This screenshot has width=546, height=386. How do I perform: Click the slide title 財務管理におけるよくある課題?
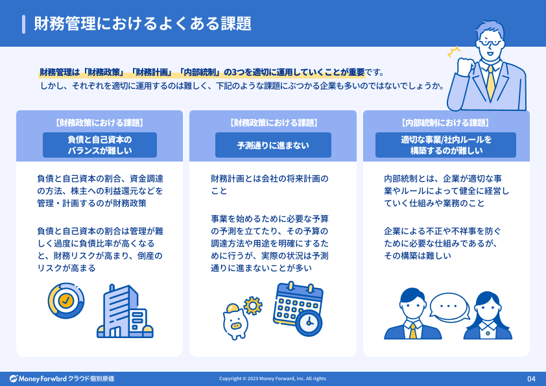pyautogui.click(x=143, y=24)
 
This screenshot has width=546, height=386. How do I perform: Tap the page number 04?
pyautogui.click(x=531, y=379)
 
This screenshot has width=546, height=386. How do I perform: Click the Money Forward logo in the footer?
pyautogui.click(x=62, y=379)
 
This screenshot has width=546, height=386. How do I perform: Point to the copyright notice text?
pyautogui.click(x=272, y=379)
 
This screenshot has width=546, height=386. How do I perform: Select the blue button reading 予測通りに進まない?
pyautogui.click(x=273, y=145)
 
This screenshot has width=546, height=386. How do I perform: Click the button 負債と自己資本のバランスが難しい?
pyautogui.click(x=100, y=145)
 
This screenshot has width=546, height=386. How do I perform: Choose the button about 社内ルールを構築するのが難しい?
pyautogui.click(x=445, y=145)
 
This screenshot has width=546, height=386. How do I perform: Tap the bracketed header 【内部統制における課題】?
pyautogui.click(x=445, y=123)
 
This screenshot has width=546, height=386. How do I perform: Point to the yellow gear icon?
pyautogui.click(x=253, y=306)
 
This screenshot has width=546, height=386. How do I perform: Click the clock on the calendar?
pyautogui.click(x=309, y=323)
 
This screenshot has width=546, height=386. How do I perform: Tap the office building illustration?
pyautogui.click(x=125, y=311)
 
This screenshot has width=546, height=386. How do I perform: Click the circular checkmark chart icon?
pyautogui.click(x=66, y=300)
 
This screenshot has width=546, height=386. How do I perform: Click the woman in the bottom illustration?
pyautogui.click(x=488, y=315)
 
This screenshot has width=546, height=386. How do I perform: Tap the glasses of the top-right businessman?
pyautogui.click(x=491, y=43)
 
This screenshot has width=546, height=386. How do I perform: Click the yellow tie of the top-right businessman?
pyautogui.click(x=491, y=82)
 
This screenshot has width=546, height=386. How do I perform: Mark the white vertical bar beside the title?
pyautogui.click(x=24, y=25)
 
